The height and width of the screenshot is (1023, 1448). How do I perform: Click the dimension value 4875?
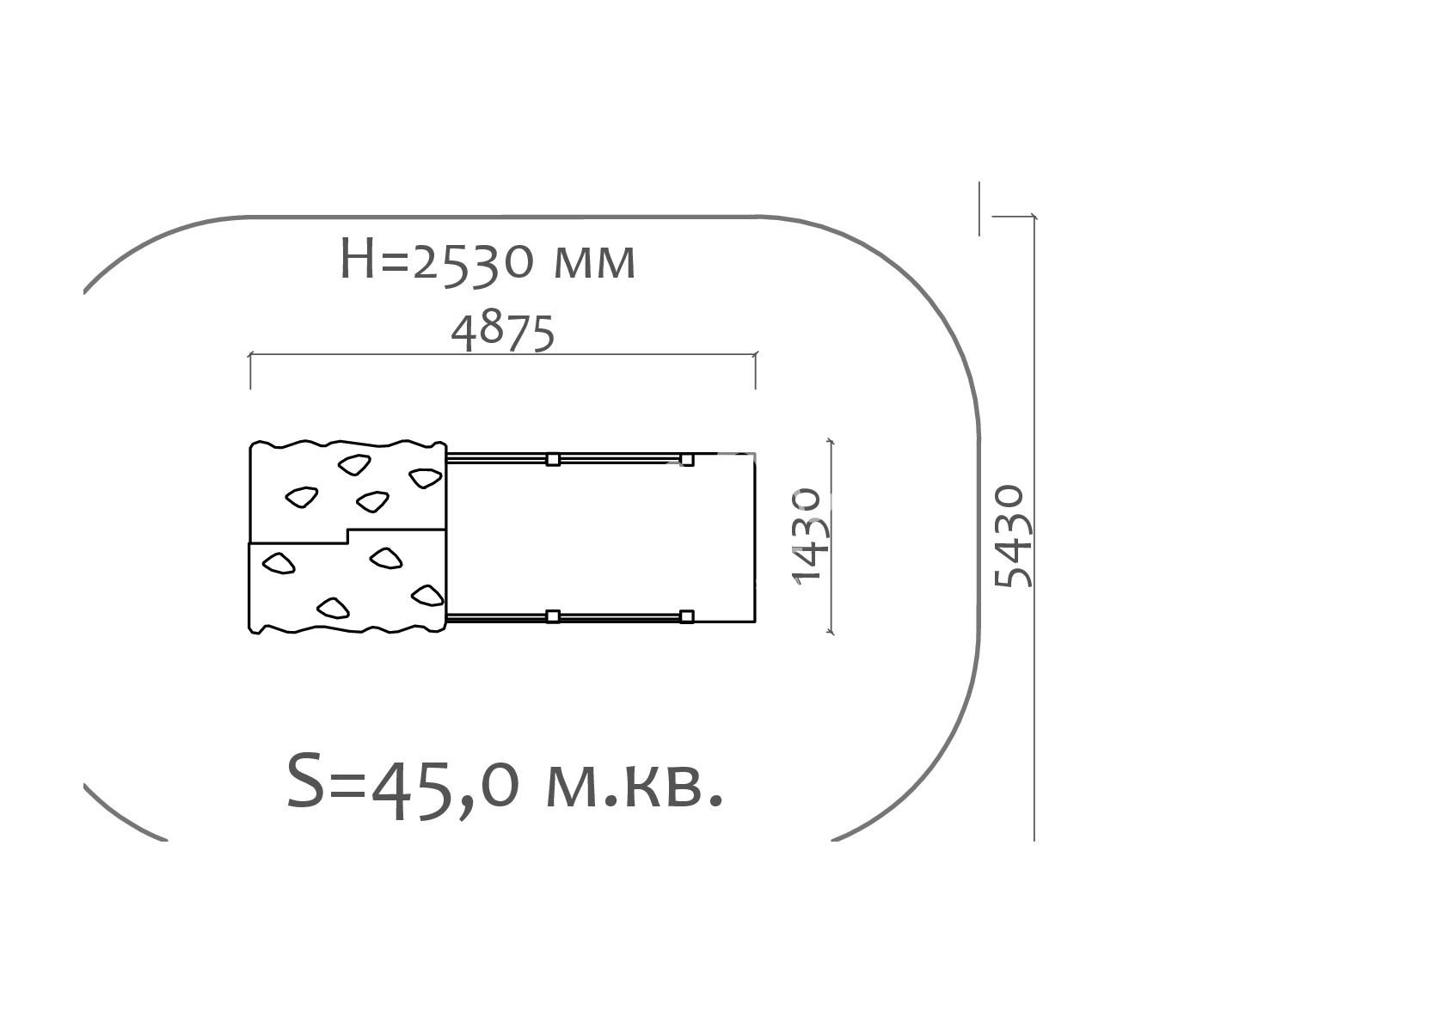pyautogui.click(x=503, y=333)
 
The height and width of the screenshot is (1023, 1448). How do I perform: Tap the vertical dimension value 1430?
pyautogui.click(x=807, y=536)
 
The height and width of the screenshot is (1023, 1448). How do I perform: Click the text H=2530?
pyautogui.click(x=437, y=260)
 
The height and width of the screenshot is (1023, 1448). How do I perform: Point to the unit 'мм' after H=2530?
pyautogui.click(x=595, y=264)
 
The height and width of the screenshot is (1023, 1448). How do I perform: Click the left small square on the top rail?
pyautogui.click(x=553, y=459)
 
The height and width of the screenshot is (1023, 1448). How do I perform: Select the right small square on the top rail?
pyautogui.click(x=687, y=459)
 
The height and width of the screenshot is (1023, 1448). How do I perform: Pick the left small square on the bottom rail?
pyautogui.click(x=553, y=616)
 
